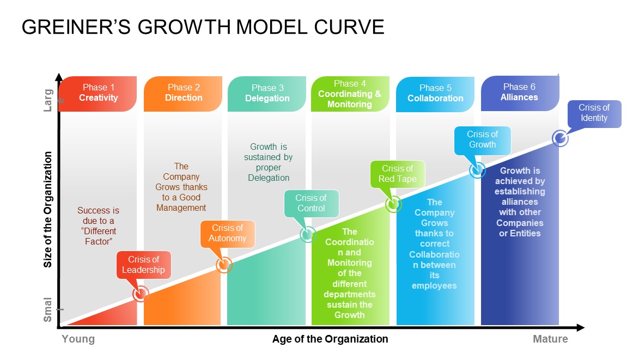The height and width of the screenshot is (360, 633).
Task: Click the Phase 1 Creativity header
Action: point(98,94)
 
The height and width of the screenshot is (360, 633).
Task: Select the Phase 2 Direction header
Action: point(183,94)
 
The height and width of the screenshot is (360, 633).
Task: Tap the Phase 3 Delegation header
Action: point(267,94)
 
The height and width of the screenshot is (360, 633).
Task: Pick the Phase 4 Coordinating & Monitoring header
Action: point(350,94)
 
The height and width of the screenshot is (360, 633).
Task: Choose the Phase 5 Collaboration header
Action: point(435,94)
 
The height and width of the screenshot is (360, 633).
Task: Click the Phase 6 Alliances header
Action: point(520,93)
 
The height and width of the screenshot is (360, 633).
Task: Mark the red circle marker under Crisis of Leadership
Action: point(141,294)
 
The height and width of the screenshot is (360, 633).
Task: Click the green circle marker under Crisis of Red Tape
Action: point(393,204)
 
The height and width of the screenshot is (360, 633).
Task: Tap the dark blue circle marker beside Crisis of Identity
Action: point(560,138)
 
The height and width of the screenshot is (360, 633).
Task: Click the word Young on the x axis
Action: point(78,339)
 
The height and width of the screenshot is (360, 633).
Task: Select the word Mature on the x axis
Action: point(550,339)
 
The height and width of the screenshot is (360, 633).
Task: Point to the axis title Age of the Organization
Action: point(330,339)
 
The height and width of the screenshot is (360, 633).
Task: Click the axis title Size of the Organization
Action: point(47,210)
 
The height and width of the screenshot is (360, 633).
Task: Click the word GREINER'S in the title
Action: point(76,27)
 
